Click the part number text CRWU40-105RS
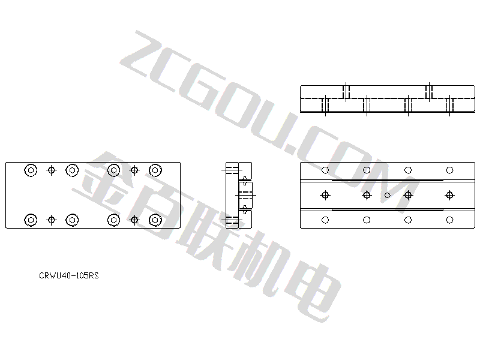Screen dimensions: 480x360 [x=69, y=275]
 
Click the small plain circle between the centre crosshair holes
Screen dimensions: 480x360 [x=387, y=195]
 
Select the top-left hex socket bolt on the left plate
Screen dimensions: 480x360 [x=31, y=170]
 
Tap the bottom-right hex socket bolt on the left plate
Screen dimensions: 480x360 [x=155, y=220]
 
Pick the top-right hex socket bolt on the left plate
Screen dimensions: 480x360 [x=155, y=170]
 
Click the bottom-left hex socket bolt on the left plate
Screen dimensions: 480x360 [x=31, y=220]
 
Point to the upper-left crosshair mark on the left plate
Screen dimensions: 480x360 [x=52, y=170]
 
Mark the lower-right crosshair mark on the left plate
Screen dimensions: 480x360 [x=134, y=220]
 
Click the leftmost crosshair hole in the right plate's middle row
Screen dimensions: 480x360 [x=325, y=195]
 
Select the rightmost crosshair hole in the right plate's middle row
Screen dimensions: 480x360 [x=449, y=195]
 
